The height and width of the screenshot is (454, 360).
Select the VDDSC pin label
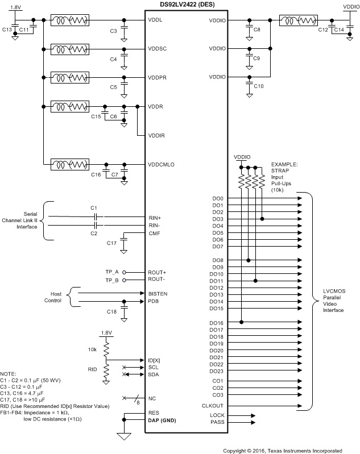(157, 48)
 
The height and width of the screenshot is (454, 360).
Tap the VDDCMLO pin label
(161, 164)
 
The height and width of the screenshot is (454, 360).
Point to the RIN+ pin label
(155, 218)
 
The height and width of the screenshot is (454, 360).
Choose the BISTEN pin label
(158, 293)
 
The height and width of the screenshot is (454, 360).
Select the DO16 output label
(217, 323)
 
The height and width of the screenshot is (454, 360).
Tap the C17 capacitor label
(112, 243)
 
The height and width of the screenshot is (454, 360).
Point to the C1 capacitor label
(94, 208)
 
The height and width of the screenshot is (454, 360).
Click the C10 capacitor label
(259, 86)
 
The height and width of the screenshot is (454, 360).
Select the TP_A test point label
(113, 272)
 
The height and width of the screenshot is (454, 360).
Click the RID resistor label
(92, 369)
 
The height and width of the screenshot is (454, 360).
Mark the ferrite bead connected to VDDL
(70, 21)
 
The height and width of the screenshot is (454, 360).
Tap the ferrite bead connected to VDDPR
(70, 77)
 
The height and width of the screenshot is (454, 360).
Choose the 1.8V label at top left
(16, 7)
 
